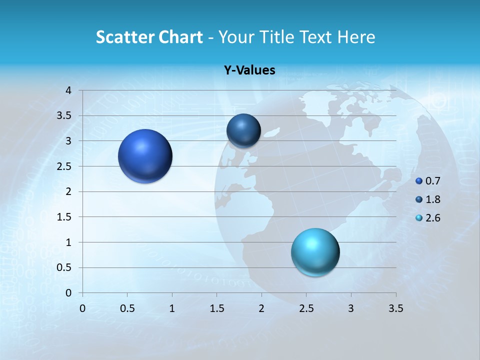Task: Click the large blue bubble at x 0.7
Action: (x=145, y=156)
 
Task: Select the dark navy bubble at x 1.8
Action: (x=243, y=131)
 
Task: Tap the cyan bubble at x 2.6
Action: (x=315, y=252)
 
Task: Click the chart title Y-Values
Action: (x=249, y=70)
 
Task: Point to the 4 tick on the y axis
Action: (x=69, y=90)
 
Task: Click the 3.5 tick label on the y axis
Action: (x=64, y=116)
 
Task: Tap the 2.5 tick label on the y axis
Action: (x=64, y=166)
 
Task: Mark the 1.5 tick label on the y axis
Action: (x=64, y=217)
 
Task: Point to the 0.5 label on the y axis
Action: (x=64, y=268)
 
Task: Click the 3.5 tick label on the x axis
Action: (x=396, y=308)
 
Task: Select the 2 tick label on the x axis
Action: (x=261, y=308)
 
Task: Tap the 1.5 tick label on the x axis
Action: (x=217, y=308)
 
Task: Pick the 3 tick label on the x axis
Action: (x=351, y=308)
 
